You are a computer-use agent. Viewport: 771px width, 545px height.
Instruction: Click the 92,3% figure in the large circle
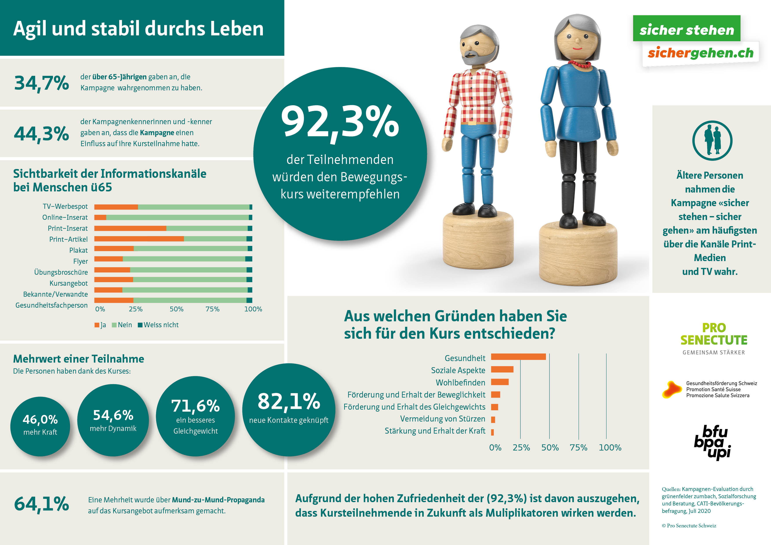(340, 122)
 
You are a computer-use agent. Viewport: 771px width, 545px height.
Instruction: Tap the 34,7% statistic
(42, 83)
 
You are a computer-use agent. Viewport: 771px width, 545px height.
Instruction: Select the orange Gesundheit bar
(518, 357)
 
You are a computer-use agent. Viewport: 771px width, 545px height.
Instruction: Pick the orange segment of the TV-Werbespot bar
(116, 207)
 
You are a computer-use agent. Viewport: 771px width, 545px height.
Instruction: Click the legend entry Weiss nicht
(158, 325)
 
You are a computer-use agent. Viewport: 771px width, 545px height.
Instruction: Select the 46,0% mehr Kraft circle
(40, 426)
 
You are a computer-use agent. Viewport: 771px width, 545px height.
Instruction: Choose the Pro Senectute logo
(714, 338)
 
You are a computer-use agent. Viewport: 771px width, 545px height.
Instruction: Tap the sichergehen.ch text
(700, 53)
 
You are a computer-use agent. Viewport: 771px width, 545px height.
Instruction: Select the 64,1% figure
(42, 504)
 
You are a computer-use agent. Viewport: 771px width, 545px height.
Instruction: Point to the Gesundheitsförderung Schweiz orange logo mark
(672, 390)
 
